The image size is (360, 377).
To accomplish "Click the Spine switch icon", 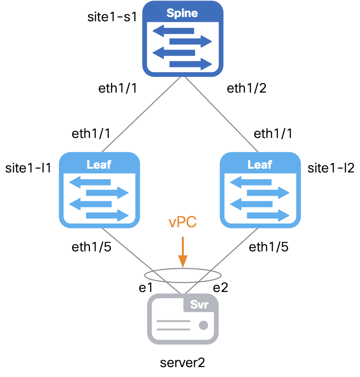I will click(x=183, y=39).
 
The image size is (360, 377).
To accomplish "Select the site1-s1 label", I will click(x=112, y=17).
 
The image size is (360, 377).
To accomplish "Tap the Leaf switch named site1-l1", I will click(x=100, y=190).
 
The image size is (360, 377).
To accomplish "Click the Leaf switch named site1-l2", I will click(x=260, y=190).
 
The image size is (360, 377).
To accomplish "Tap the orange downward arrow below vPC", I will click(x=182, y=253).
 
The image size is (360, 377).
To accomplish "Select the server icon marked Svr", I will click(x=183, y=319).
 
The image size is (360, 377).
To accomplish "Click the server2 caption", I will click(x=183, y=363).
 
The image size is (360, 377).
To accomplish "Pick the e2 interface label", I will click(x=220, y=288).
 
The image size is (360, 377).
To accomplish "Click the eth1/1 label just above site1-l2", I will click(x=273, y=134).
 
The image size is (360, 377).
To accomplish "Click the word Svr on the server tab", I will click(x=199, y=304).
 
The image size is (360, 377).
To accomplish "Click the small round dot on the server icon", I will click(x=204, y=325).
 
